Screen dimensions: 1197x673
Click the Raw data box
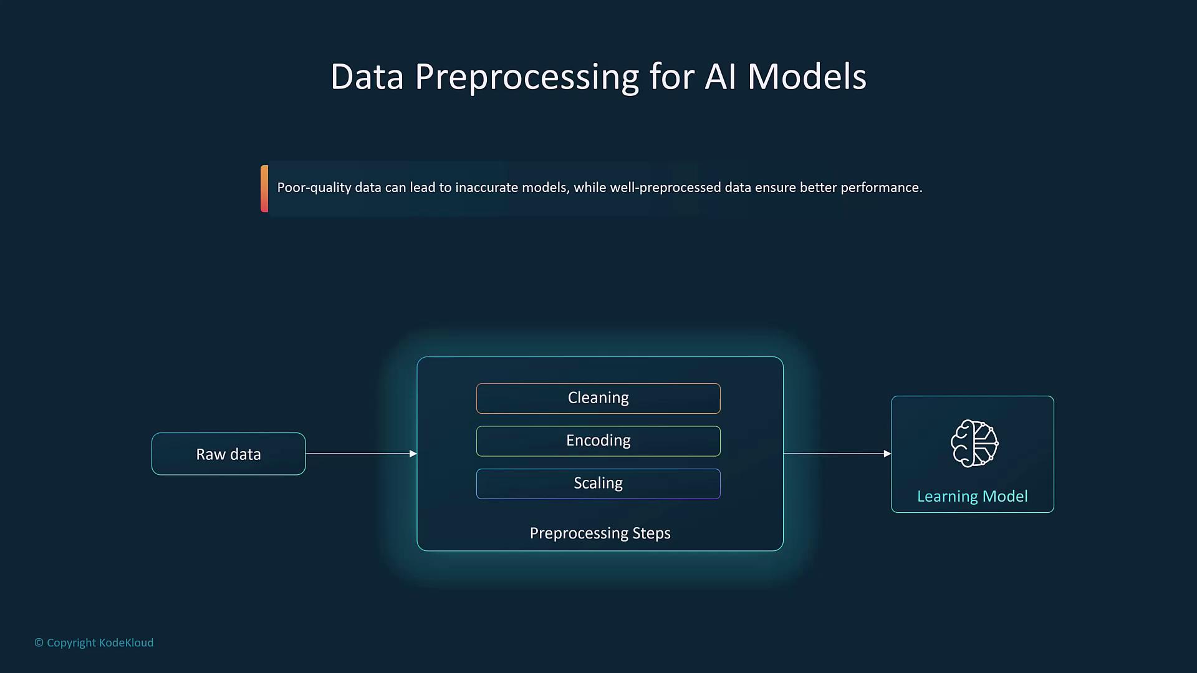point(228,454)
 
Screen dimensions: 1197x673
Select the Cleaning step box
point(598,398)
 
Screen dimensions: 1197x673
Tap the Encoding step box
point(598,441)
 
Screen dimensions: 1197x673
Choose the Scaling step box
point(598,484)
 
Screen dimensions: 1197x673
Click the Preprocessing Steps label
point(600,533)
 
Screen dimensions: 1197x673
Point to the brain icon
point(974,443)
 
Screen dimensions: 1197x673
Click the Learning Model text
point(972,497)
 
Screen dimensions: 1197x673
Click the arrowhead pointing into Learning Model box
point(887,454)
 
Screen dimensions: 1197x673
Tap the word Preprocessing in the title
point(527,77)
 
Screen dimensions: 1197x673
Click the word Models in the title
point(807,77)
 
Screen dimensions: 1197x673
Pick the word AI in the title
point(720,77)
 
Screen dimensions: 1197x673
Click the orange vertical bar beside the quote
point(264,189)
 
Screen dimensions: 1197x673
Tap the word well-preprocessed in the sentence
point(665,188)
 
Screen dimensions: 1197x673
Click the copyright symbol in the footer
point(39,642)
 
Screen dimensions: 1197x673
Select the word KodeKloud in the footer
point(126,642)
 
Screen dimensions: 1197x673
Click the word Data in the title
point(367,77)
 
